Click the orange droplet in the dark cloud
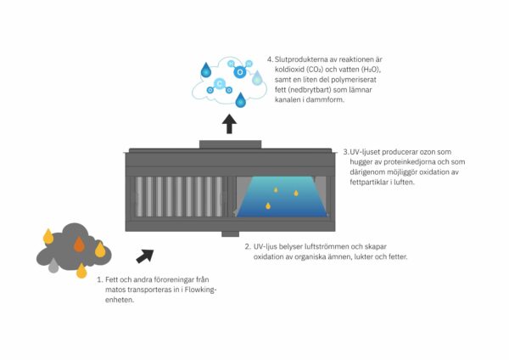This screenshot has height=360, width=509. coord(79,245)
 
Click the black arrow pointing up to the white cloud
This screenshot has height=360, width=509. coord(229,124)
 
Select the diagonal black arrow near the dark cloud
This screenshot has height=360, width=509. coord(145,255)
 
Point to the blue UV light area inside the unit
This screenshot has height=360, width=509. coord(280,200)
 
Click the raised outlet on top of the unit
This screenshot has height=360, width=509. coord(230,143)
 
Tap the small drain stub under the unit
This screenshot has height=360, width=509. coord(230,234)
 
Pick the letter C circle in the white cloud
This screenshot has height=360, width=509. coord(220,84)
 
